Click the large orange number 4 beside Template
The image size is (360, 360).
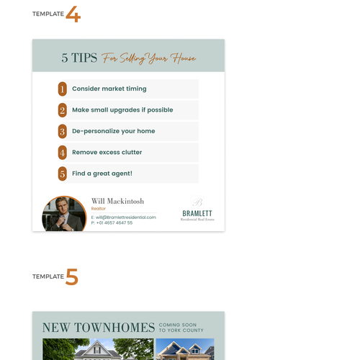73,14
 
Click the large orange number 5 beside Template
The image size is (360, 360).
72,277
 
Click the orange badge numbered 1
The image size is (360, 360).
63,89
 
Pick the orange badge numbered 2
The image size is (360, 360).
63,110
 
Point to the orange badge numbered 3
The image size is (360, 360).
63,131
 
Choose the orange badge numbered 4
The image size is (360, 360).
63,153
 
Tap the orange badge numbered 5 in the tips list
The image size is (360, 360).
63,174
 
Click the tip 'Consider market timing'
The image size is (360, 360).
109,89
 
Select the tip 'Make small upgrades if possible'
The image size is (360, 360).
122,110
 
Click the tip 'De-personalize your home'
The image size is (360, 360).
113,131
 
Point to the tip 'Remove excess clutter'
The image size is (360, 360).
107,153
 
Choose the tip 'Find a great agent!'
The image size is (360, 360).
102,174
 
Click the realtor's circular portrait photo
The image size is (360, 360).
65,214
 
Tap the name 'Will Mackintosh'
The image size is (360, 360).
117,201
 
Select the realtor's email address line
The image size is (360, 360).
124,217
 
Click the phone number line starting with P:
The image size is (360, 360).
112,223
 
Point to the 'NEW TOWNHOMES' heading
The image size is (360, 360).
99,328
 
